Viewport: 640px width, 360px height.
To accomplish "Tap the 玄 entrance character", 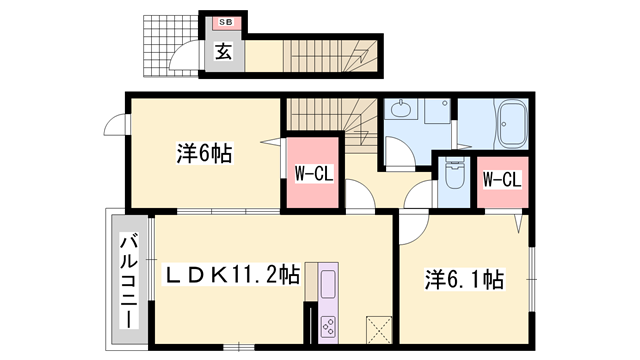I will (224, 53).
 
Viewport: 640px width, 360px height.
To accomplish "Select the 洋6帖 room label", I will (204, 155).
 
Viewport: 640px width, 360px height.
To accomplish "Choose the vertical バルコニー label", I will (130, 281).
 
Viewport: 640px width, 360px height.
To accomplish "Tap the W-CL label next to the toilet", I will (501, 180).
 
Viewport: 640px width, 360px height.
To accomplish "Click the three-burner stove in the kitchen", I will (328, 325).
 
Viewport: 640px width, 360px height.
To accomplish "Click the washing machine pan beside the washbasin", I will (437, 112).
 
